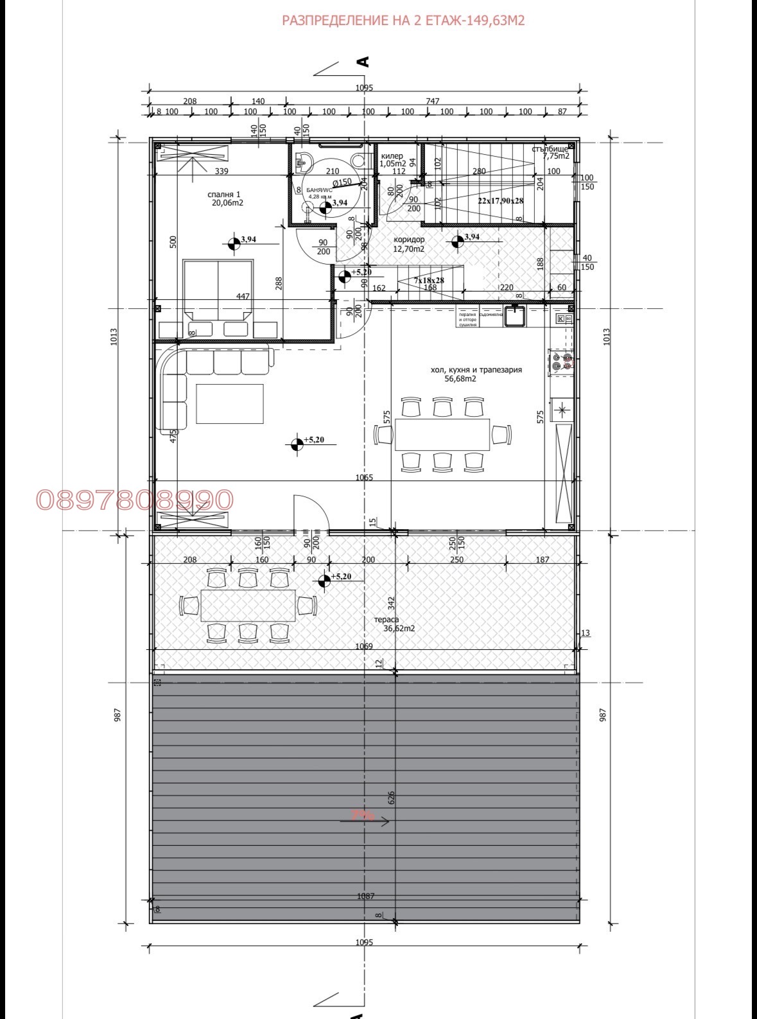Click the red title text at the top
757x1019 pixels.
(x=403, y=21)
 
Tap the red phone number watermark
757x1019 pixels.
(x=135, y=500)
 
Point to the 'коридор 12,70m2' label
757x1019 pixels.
(x=409, y=244)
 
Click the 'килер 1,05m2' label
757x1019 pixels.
(x=392, y=160)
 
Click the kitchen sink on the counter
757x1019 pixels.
(x=515, y=316)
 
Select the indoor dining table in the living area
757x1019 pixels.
(x=442, y=435)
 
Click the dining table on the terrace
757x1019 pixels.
(x=248, y=605)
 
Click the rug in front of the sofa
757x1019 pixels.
(x=229, y=403)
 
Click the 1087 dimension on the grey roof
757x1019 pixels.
(x=365, y=896)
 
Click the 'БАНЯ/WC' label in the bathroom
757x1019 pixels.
(x=319, y=191)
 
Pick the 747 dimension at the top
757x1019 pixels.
(x=433, y=101)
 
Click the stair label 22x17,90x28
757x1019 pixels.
(x=500, y=200)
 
